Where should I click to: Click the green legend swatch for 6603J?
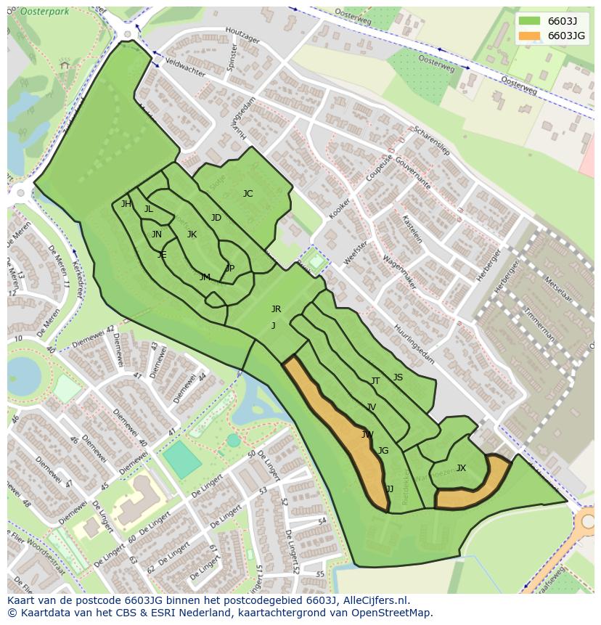pos(530,20)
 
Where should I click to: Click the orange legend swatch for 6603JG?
pos(530,36)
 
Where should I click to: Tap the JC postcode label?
pos(248,194)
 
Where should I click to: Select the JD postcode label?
pos(216,218)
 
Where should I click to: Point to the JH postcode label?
pos(126,204)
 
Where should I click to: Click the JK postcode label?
pos(192,234)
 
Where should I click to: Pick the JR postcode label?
pos(276,309)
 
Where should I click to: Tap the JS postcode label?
pos(398,377)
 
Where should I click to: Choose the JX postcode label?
pos(461,468)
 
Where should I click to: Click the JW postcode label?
pos(367,435)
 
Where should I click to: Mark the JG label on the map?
pos(383,451)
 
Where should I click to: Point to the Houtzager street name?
pos(242,36)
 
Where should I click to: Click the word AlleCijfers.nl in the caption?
pos(375,600)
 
